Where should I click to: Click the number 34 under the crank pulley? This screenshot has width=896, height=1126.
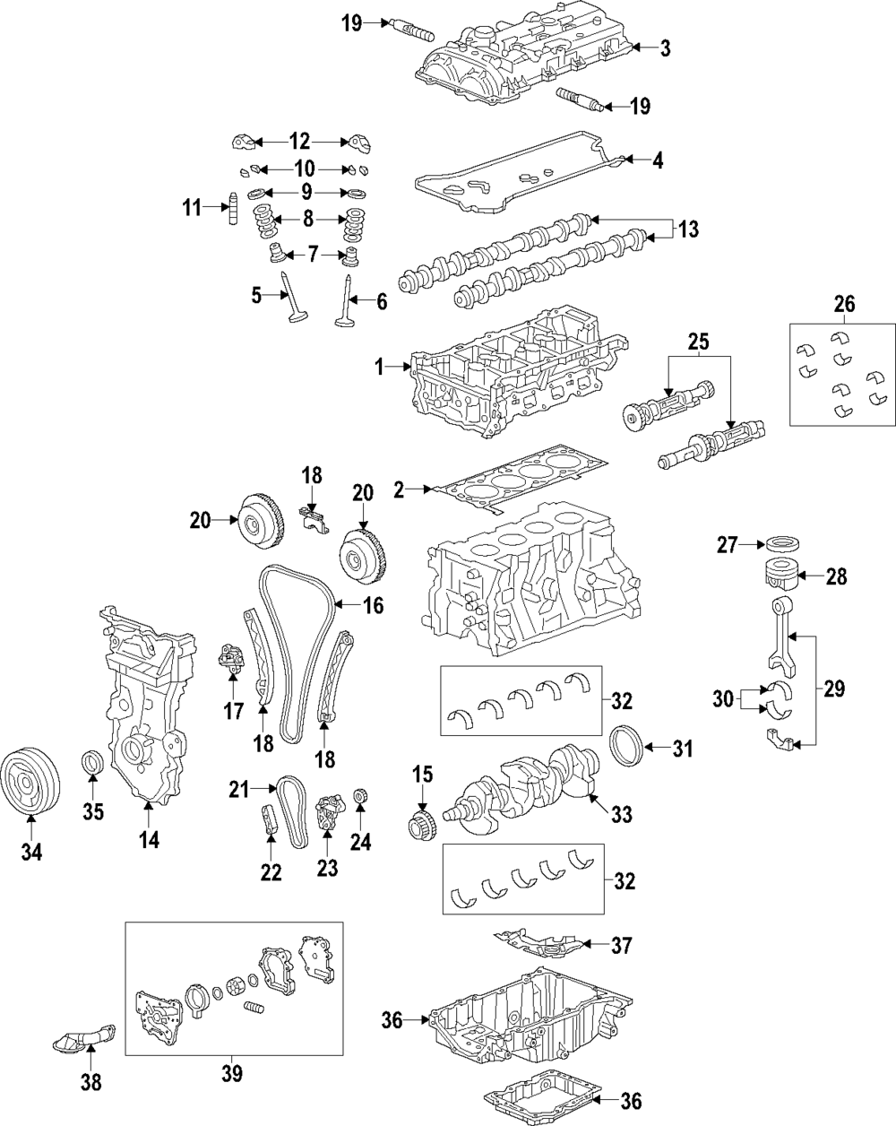31,851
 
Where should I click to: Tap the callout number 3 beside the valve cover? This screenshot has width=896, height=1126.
664,48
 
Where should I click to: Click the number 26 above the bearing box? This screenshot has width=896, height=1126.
843,305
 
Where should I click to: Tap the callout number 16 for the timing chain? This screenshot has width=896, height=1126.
373,607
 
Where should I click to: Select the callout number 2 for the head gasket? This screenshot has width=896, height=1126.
400,489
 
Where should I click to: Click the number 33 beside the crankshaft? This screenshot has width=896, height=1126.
621,814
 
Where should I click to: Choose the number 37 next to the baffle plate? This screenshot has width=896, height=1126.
621,945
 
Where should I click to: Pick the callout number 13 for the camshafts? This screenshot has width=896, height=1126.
687,230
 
